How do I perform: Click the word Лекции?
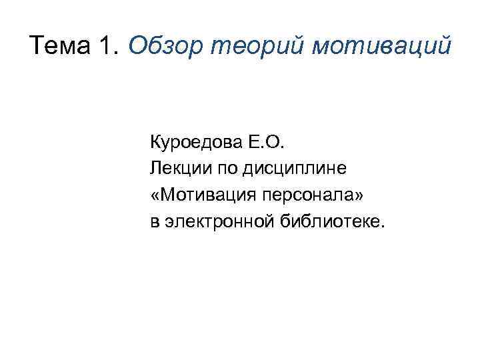coord(176,168)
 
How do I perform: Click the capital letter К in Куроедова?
coord(156,142)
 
